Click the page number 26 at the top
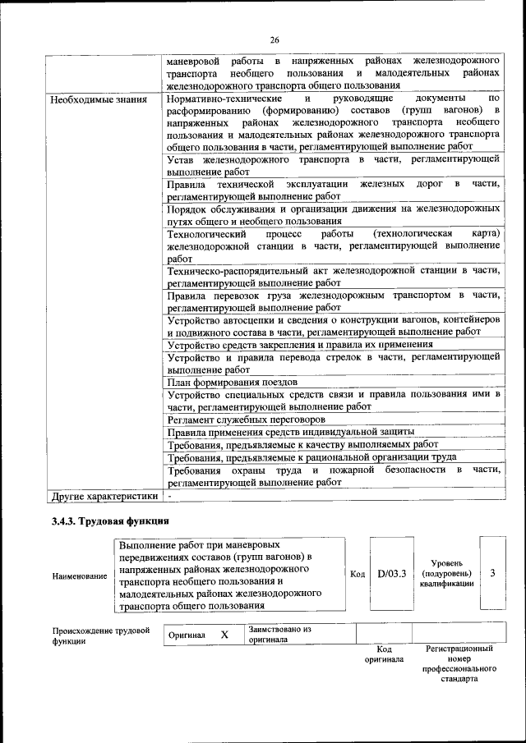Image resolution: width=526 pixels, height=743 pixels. [275, 39]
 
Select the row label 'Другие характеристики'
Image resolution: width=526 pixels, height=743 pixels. [104, 497]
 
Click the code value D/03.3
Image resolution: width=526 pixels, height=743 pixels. [393, 573]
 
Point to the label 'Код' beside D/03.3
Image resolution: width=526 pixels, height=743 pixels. [358, 574]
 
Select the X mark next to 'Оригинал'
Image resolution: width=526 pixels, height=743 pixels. [224, 635]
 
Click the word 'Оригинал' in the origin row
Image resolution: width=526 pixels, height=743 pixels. [187, 635]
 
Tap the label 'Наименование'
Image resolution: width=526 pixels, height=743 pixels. [80, 576]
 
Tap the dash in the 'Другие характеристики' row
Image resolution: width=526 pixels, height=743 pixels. [169, 497]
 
